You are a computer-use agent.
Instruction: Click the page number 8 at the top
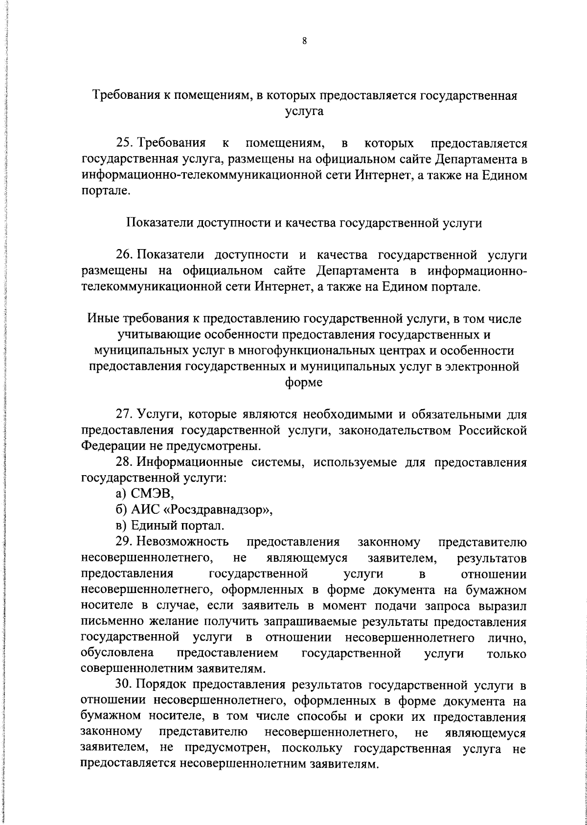point(304,42)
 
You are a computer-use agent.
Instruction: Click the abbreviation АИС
point(145,510)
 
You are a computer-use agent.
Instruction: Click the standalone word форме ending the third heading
point(304,383)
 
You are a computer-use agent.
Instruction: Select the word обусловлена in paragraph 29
point(117,653)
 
